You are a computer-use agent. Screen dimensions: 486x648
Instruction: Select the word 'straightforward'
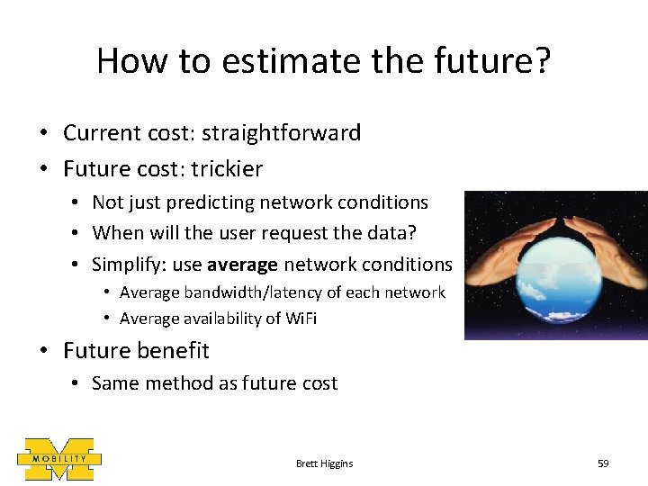(x=281, y=133)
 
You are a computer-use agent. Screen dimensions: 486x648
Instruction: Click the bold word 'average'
(x=242, y=264)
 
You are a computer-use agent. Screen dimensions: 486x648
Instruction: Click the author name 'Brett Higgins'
(x=324, y=463)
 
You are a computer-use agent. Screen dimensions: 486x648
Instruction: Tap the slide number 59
(x=603, y=463)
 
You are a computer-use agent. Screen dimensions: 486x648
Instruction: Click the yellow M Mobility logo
(x=58, y=460)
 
